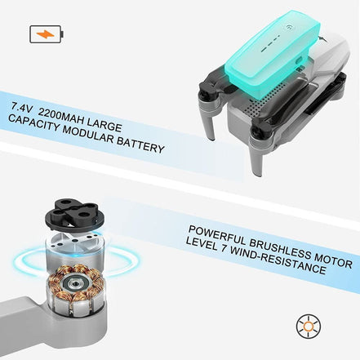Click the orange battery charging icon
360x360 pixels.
coord(47,34)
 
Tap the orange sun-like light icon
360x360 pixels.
coord(309,327)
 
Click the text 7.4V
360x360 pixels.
coord(22,107)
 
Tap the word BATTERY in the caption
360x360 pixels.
coord(140,145)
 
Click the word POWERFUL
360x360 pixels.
coord(217,235)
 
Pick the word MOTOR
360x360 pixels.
coord(333,260)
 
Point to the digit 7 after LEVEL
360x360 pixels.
coord(223,247)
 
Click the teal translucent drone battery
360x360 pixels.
coord(273,51)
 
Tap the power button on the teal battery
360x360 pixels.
coord(289,27)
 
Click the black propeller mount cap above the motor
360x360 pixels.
coord(75,216)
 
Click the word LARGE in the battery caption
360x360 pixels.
coord(104,126)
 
